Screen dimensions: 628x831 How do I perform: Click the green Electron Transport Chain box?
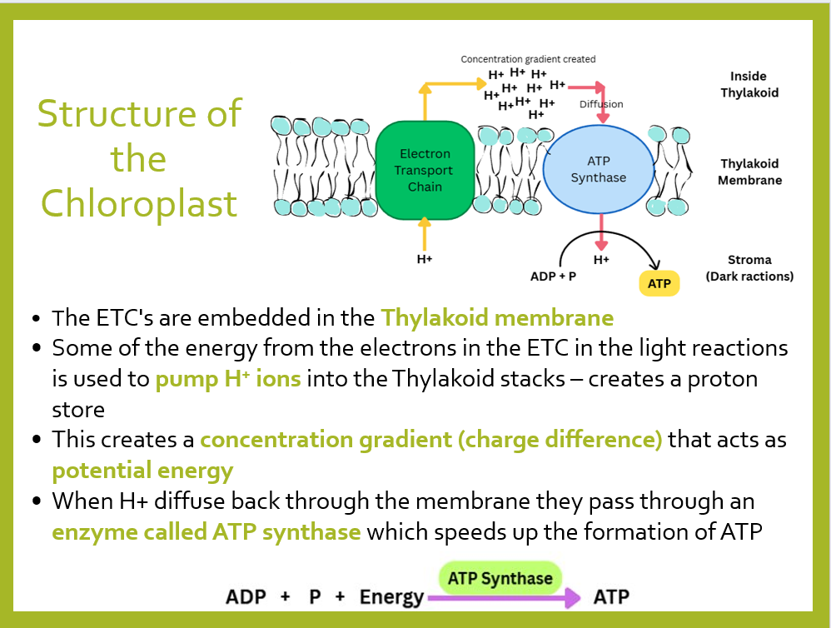pyautogui.click(x=425, y=171)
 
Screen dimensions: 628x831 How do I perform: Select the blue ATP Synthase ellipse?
pyautogui.click(x=598, y=170)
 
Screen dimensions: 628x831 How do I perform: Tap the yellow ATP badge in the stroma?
pyautogui.click(x=659, y=283)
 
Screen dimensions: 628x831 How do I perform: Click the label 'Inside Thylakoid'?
pyautogui.click(x=749, y=84)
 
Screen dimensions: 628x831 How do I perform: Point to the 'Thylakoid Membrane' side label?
pyautogui.click(x=749, y=172)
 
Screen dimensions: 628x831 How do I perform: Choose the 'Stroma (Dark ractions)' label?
pyautogui.click(x=749, y=268)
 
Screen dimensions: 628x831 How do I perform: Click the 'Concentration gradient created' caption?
pyautogui.click(x=528, y=59)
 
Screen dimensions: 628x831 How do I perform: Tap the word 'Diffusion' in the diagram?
pyautogui.click(x=601, y=104)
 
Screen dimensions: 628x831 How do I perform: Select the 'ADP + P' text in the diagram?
pyautogui.click(x=553, y=276)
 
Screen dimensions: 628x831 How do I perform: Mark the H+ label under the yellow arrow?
pyautogui.click(x=425, y=259)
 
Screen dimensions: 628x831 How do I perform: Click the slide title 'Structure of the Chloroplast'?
pyautogui.click(x=139, y=158)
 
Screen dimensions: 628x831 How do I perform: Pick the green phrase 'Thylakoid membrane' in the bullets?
pyautogui.click(x=497, y=317)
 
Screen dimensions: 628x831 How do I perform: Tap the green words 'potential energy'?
pyautogui.click(x=142, y=471)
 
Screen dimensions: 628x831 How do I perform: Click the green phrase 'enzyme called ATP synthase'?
pyautogui.click(x=206, y=531)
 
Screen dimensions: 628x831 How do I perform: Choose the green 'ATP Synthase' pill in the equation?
pyautogui.click(x=500, y=578)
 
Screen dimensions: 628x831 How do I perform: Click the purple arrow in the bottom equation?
pyautogui.click(x=503, y=597)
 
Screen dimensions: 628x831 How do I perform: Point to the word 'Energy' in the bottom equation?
pyautogui.click(x=391, y=597)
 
